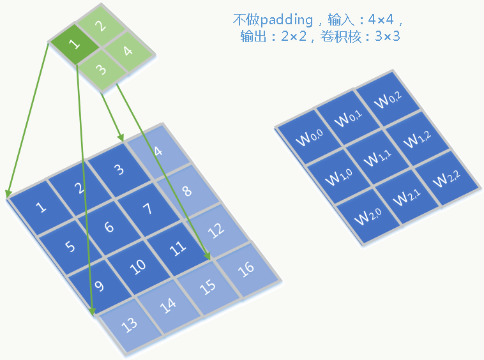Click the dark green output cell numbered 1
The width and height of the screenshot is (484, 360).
(75, 45)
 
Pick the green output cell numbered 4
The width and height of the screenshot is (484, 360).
(127, 50)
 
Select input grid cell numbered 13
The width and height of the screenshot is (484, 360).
(130, 324)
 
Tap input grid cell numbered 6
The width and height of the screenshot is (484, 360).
(109, 227)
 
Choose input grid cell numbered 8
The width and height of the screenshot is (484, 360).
(186, 190)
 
